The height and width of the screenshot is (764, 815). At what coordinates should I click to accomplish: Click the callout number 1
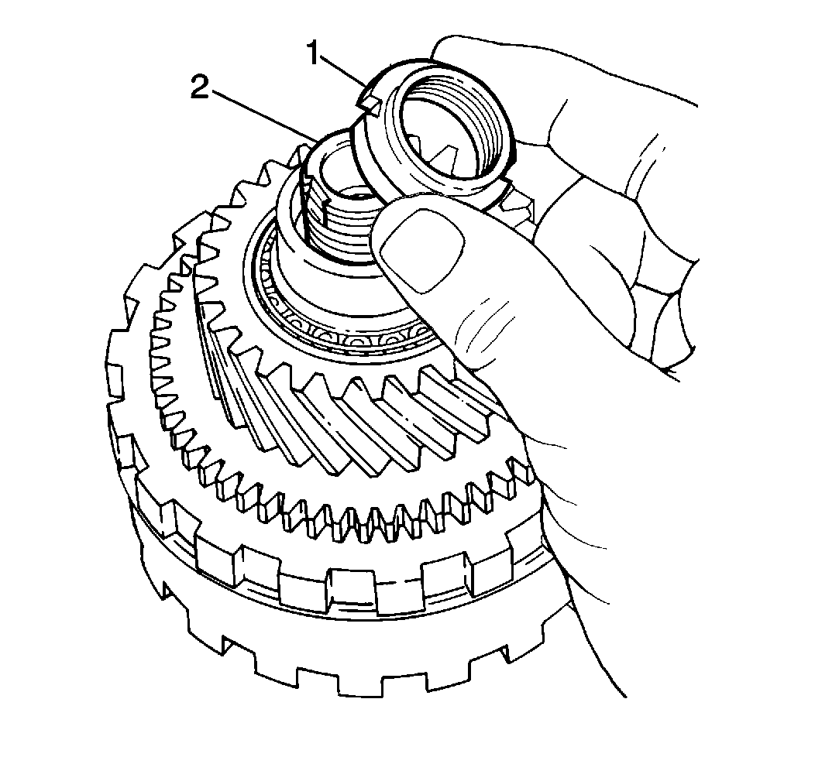[x=313, y=53]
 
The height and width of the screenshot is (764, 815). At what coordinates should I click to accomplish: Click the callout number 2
[x=200, y=87]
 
